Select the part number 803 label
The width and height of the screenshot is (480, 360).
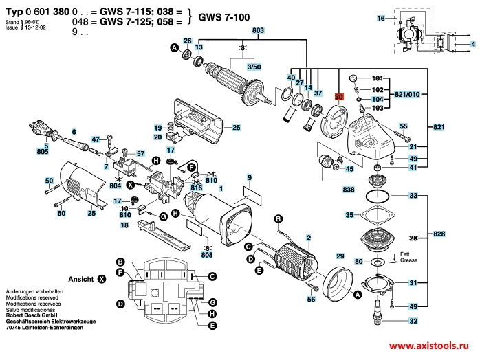[258, 32]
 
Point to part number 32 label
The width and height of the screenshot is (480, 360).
[413, 322]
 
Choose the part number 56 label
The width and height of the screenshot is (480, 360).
[311, 299]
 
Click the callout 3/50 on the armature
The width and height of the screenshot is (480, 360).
[254, 67]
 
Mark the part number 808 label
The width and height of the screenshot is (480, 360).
[206, 256]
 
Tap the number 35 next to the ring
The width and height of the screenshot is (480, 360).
[349, 215]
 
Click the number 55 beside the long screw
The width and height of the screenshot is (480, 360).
[404, 126]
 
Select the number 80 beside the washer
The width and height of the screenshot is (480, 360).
[358, 262]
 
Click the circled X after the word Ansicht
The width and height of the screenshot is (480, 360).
[102, 280]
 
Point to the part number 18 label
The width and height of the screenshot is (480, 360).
[124, 225]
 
